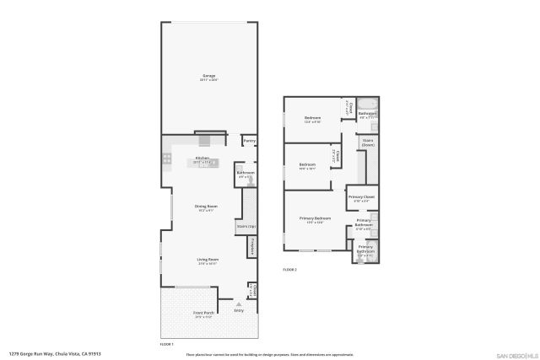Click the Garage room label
pos(208,76)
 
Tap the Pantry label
pos(249,141)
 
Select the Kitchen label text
pos(202,159)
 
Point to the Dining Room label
pos(207,207)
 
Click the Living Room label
pos(208,260)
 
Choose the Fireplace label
pos(252,247)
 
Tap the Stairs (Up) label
pos(246,226)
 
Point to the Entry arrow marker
pos(239,304)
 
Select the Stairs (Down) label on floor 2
pos(368,142)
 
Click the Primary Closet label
pos(362,197)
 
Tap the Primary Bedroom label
pos(315,218)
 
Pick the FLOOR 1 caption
pos(166,343)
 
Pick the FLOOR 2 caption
pos(289,269)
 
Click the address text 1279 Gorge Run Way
pos(55,354)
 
